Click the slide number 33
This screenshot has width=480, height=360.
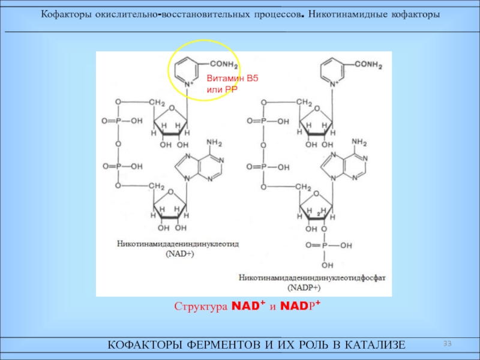pos(447,343)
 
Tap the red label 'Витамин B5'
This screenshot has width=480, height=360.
pos(232,79)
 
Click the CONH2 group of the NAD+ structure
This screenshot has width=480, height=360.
pos(224,64)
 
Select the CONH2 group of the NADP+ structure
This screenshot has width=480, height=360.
pos(368,65)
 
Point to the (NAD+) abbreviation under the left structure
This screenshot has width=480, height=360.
pos(179,254)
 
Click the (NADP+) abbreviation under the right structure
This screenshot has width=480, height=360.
pos(304,288)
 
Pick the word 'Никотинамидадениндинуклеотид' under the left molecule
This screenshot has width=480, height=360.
pos(178,244)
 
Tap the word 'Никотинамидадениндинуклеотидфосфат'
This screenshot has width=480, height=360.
pos(312,278)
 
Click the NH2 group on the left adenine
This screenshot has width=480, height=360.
pos(214,143)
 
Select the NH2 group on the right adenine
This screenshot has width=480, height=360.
pos(359,142)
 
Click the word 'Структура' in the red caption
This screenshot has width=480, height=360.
pos(201,307)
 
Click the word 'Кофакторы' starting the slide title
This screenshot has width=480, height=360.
pos(66,14)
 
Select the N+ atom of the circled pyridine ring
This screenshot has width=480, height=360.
pos(188,83)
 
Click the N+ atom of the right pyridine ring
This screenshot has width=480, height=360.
pos(334,83)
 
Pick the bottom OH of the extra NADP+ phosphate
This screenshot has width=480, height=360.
pos(327,265)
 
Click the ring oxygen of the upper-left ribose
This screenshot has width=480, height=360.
pos(172,108)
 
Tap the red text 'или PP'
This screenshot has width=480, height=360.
pos(222,90)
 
